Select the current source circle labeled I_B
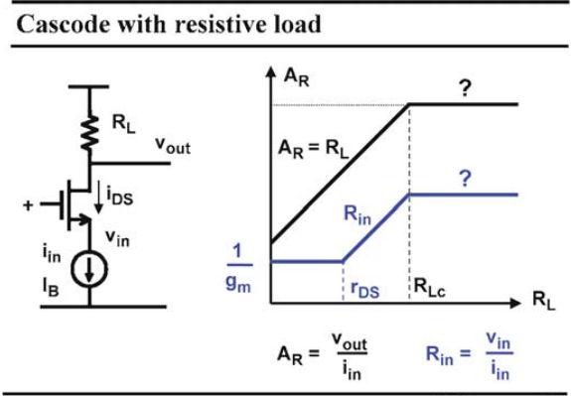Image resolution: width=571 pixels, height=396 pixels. pyautogui.click(x=89, y=270)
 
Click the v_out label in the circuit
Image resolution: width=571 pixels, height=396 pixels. pyautogui.click(x=173, y=145)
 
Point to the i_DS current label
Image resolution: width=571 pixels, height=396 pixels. pyautogui.click(x=120, y=198)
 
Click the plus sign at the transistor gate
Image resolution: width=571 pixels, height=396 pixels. pyautogui.click(x=28, y=205)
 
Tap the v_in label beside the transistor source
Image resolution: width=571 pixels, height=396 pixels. pyautogui.click(x=117, y=238)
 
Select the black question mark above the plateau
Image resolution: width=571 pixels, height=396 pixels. pyautogui.click(x=465, y=88)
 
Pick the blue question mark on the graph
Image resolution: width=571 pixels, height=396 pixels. pyautogui.click(x=465, y=179)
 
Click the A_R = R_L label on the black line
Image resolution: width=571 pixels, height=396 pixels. pyautogui.click(x=313, y=150)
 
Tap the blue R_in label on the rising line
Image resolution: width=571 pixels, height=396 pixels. pyautogui.click(x=357, y=215)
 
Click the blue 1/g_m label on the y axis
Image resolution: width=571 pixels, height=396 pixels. pyautogui.click(x=239, y=268)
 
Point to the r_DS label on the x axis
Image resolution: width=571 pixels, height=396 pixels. pyautogui.click(x=364, y=290)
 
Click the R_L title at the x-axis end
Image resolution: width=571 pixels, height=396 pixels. pyautogui.click(x=544, y=301)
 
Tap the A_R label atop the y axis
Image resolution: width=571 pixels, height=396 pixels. pyautogui.click(x=297, y=77)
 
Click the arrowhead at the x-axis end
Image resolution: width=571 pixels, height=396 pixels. pyautogui.click(x=516, y=303)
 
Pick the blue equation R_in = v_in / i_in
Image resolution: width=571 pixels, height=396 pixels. pyautogui.click(x=470, y=354)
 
